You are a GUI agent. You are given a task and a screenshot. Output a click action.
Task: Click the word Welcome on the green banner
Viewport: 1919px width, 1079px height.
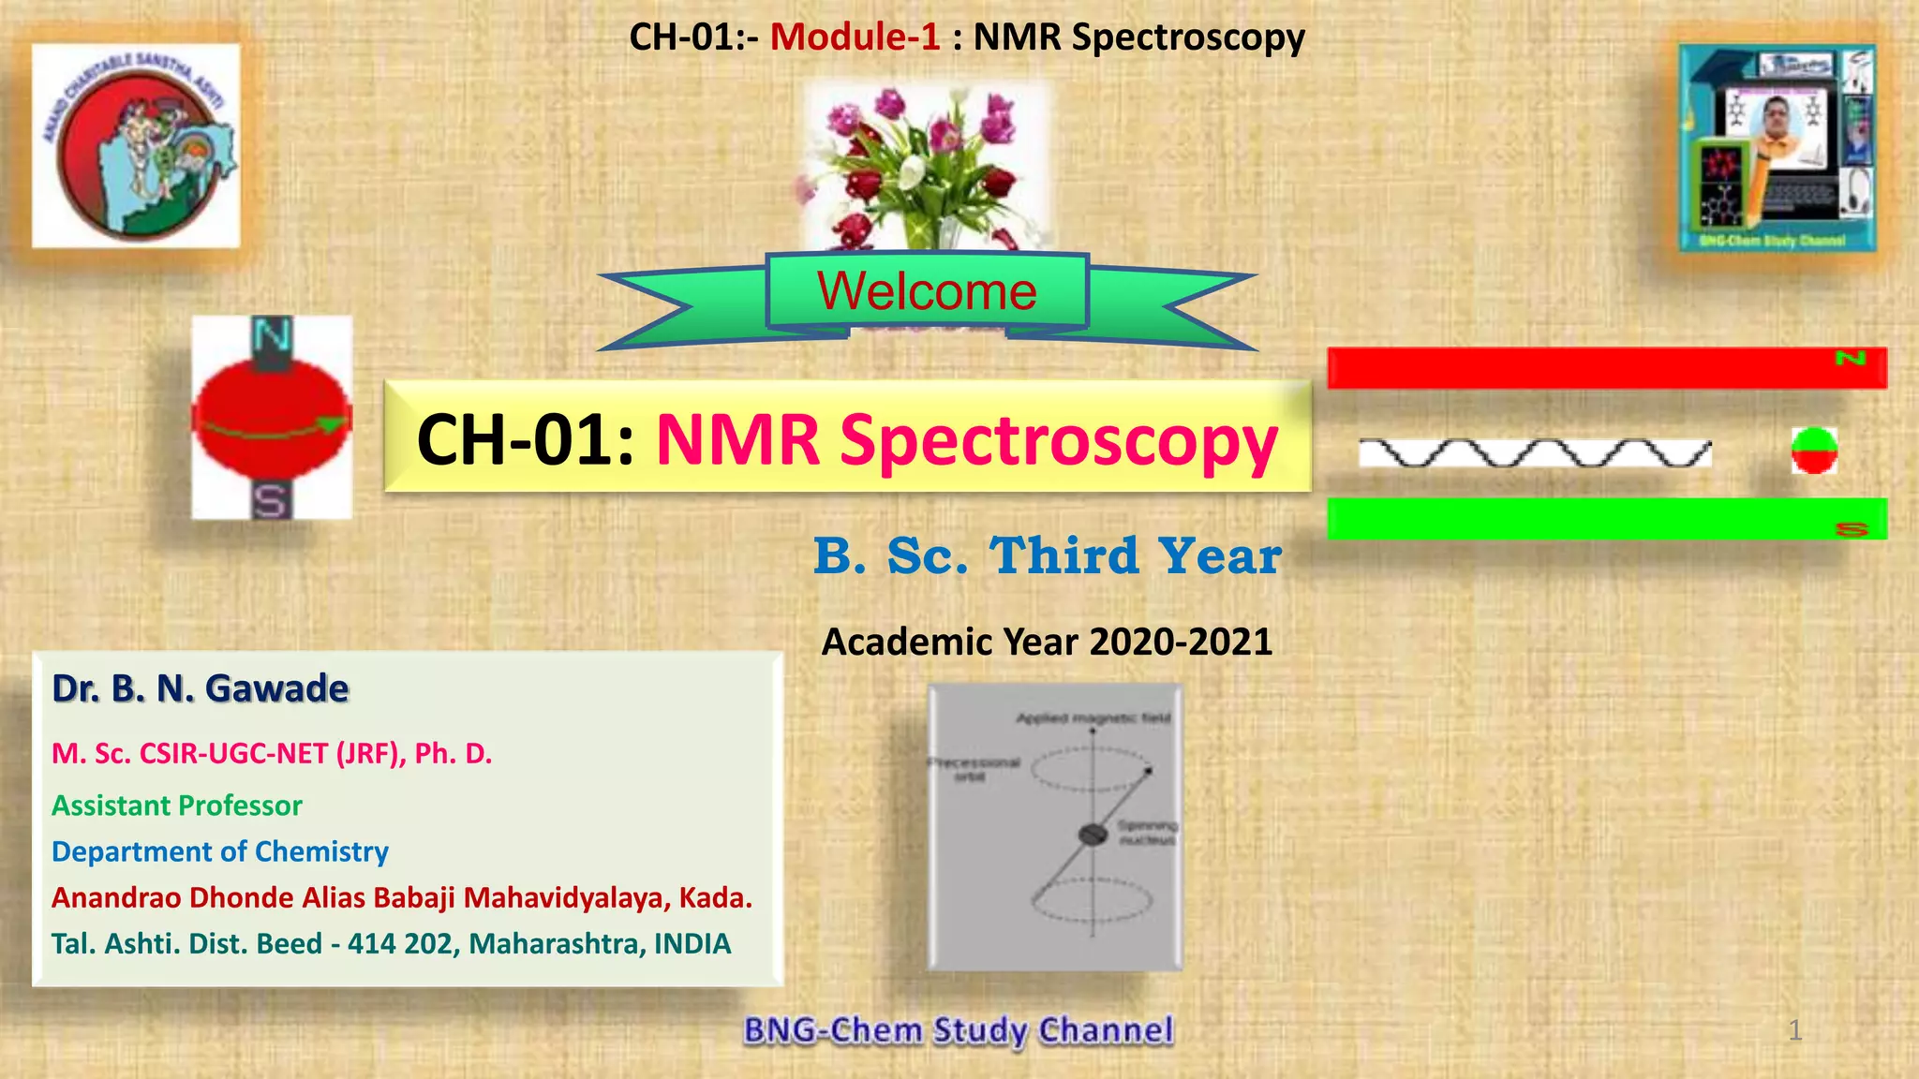[x=927, y=290]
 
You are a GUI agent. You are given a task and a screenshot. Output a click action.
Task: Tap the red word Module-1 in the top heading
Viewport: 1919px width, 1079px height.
[x=855, y=37]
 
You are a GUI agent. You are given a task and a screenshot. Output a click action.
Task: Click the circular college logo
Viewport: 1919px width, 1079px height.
[x=136, y=146]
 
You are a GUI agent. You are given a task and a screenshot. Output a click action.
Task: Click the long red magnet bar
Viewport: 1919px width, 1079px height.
[x=1606, y=367]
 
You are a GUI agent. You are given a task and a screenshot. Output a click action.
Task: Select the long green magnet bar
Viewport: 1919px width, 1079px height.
[x=1606, y=518]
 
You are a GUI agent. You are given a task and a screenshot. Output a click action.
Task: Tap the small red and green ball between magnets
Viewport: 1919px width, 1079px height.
[x=1814, y=451]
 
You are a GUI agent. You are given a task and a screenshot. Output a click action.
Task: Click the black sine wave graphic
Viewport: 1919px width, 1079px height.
[x=1535, y=453]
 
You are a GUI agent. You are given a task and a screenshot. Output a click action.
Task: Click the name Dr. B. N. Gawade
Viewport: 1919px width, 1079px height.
[x=201, y=688]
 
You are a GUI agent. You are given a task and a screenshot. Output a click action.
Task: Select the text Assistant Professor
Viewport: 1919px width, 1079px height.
[x=177, y=806]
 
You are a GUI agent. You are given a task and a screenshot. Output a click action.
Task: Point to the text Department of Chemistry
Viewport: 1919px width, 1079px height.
[x=220, y=851]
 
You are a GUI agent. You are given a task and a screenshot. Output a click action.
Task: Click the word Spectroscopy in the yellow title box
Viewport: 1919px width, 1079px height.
[x=1059, y=439]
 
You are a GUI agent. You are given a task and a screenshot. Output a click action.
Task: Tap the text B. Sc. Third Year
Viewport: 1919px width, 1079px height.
[x=1047, y=556]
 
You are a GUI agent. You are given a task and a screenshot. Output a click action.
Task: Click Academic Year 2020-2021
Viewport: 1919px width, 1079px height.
[x=1047, y=643]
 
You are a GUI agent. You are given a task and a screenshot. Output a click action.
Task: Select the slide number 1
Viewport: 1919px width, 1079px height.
[x=1794, y=1030]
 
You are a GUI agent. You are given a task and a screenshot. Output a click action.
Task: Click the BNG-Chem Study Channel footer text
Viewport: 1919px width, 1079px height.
[x=958, y=1030]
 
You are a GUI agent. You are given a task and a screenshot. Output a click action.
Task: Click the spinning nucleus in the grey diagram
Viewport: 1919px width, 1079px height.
[x=1093, y=835]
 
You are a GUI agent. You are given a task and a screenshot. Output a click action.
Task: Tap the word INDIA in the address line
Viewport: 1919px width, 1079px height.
[x=692, y=943]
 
